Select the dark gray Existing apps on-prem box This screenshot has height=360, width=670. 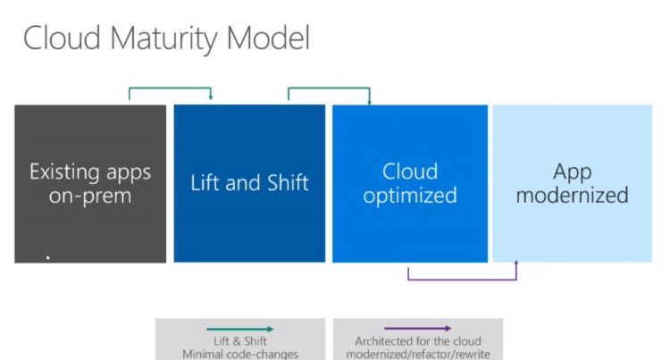click(90, 223)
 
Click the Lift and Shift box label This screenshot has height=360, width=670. click(249, 183)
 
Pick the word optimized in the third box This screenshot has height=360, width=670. click(410, 196)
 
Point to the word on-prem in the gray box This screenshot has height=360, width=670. click(90, 196)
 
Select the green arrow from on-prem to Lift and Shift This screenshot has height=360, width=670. click(170, 88)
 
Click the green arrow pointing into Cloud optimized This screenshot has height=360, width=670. click(328, 88)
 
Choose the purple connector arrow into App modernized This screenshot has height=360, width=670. click(462, 279)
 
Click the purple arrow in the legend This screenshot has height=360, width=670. click(418, 329)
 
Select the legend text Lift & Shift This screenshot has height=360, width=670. click(239, 341)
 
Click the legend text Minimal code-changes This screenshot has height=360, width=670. click(239, 354)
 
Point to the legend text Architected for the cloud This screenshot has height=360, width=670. click(418, 341)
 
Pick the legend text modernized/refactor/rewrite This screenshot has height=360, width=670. click(418, 354)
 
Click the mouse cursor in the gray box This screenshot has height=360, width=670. click(47, 258)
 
